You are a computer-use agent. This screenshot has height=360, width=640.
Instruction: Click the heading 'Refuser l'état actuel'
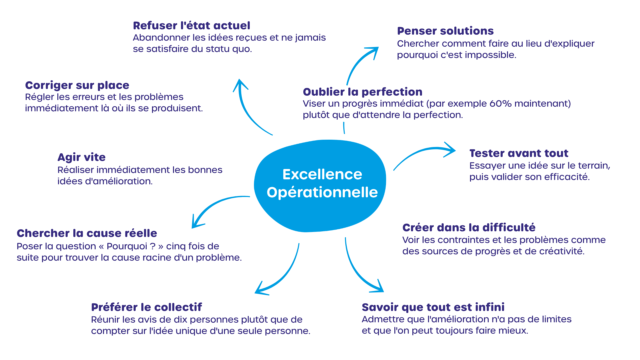[x=191, y=26]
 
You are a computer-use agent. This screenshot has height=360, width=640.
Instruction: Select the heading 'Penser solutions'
[x=445, y=31]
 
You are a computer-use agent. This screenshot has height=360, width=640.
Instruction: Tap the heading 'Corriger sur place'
[x=77, y=86]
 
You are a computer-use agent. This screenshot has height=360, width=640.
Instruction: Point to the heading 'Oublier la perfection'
[x=363, y=92]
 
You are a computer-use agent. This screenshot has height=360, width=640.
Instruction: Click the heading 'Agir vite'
[x=81, y=157]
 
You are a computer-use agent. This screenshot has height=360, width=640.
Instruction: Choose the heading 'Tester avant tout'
[x=519, y=153]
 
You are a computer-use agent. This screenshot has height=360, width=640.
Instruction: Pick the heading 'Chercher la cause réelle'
[x=87, y=233]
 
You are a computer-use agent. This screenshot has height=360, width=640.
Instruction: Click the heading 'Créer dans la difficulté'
[x=469, y=228]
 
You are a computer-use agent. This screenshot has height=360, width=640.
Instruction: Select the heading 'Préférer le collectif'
[x=147, y=307]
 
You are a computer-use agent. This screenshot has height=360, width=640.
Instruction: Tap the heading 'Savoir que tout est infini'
[x=433, y=307]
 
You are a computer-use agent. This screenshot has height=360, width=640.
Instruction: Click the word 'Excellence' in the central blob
[x=322, y=174]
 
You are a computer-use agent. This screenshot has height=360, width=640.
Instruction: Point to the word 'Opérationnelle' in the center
[x=322, y=193]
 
